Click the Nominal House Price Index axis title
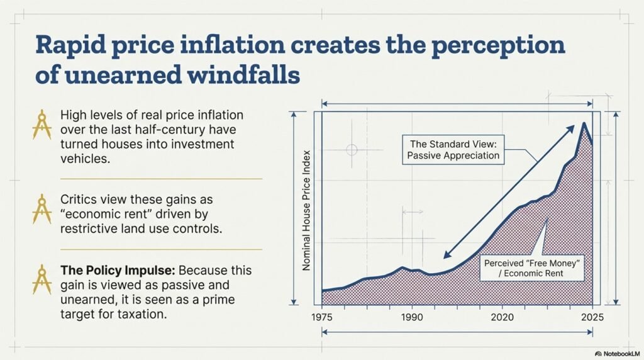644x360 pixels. [307, 211]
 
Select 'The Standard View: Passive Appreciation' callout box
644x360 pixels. [455, 149]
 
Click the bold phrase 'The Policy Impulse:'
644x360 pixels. [118, 270]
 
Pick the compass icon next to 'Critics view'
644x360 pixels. [42, 209]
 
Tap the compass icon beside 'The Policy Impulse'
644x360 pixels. [42, 281]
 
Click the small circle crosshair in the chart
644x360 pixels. [352, 150]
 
